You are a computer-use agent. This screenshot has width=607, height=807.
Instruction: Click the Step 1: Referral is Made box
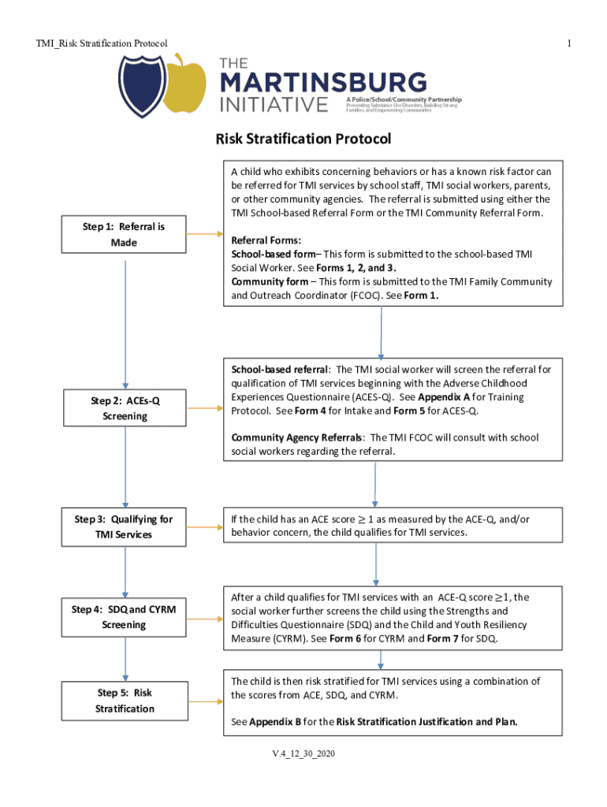coord(125,235)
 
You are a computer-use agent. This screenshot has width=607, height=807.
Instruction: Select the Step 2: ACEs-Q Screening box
coord(125,408)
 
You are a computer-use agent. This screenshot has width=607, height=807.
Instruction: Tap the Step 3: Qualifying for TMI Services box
coord(125,526)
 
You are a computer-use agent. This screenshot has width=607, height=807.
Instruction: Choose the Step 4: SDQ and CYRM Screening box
coord(125,616)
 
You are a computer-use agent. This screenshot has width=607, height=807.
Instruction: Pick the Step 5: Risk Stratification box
coord(125,701)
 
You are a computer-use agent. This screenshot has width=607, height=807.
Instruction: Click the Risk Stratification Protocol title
coord(303,139)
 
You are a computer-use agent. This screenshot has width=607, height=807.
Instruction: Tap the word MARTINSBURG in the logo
coord(322,83)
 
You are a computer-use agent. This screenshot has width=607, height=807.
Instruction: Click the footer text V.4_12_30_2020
coord(303,755)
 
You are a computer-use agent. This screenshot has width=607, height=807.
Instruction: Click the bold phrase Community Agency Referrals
coord(296,437)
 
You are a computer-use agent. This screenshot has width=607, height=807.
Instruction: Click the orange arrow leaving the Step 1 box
coord(206,234)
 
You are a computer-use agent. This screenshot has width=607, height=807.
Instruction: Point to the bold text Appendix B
coord(275,721)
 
